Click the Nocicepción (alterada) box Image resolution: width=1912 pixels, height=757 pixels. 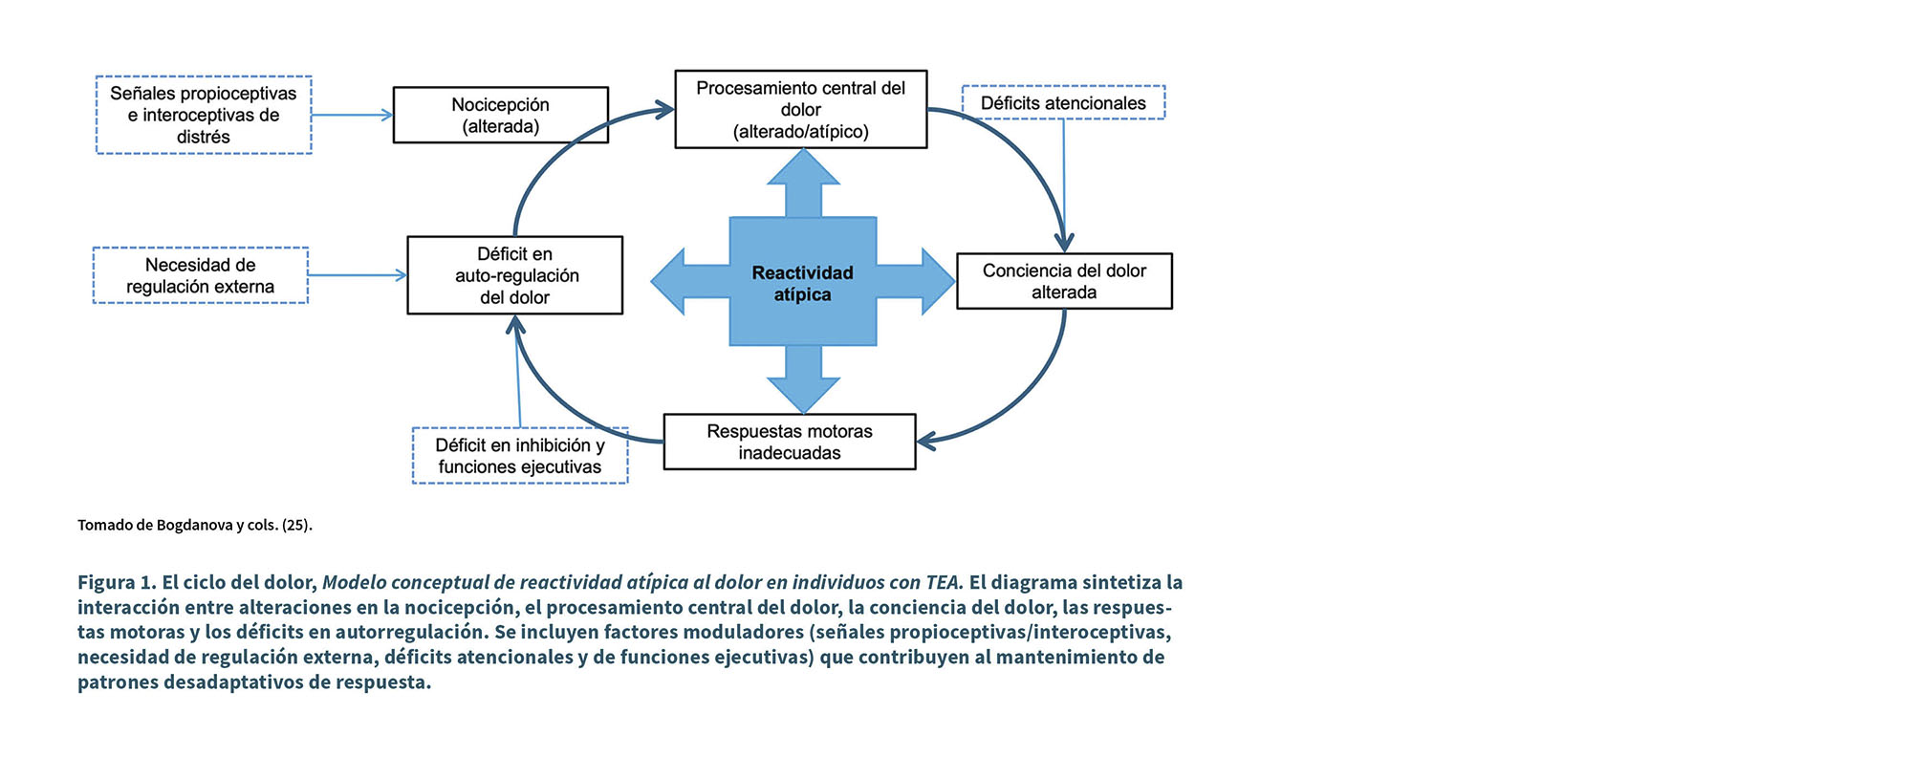(500, 116)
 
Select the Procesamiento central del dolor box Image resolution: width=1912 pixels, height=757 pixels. (800, 109)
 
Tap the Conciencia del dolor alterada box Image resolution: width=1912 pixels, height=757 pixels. (1064, 281)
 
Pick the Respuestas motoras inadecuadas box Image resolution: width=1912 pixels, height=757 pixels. (789, 442)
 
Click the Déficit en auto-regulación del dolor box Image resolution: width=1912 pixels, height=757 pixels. (514, 275)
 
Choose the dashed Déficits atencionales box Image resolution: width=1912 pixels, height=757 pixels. (1063, 102)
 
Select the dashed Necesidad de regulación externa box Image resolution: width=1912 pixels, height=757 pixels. (200, 275)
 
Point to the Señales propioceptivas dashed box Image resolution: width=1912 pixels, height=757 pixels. (204, 115)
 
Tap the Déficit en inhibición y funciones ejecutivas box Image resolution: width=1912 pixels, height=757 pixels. (519, 456)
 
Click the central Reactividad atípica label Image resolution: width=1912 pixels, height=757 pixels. (802, 284)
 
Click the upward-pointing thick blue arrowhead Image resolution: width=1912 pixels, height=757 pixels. (803, 169)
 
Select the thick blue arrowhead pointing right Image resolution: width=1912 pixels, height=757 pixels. (937, 281)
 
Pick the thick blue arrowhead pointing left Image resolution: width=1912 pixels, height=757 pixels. (669, 281)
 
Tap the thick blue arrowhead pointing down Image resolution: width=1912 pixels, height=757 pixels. (803, 394)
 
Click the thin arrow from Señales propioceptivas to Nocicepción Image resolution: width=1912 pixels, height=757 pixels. (352, 115)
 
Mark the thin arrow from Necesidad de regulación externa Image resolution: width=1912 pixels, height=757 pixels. (357, 275)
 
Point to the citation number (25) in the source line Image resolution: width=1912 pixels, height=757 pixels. (296, 525)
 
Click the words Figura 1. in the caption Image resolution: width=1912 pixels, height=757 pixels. (117, 582)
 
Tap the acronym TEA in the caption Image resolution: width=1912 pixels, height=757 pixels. (943, 582)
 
